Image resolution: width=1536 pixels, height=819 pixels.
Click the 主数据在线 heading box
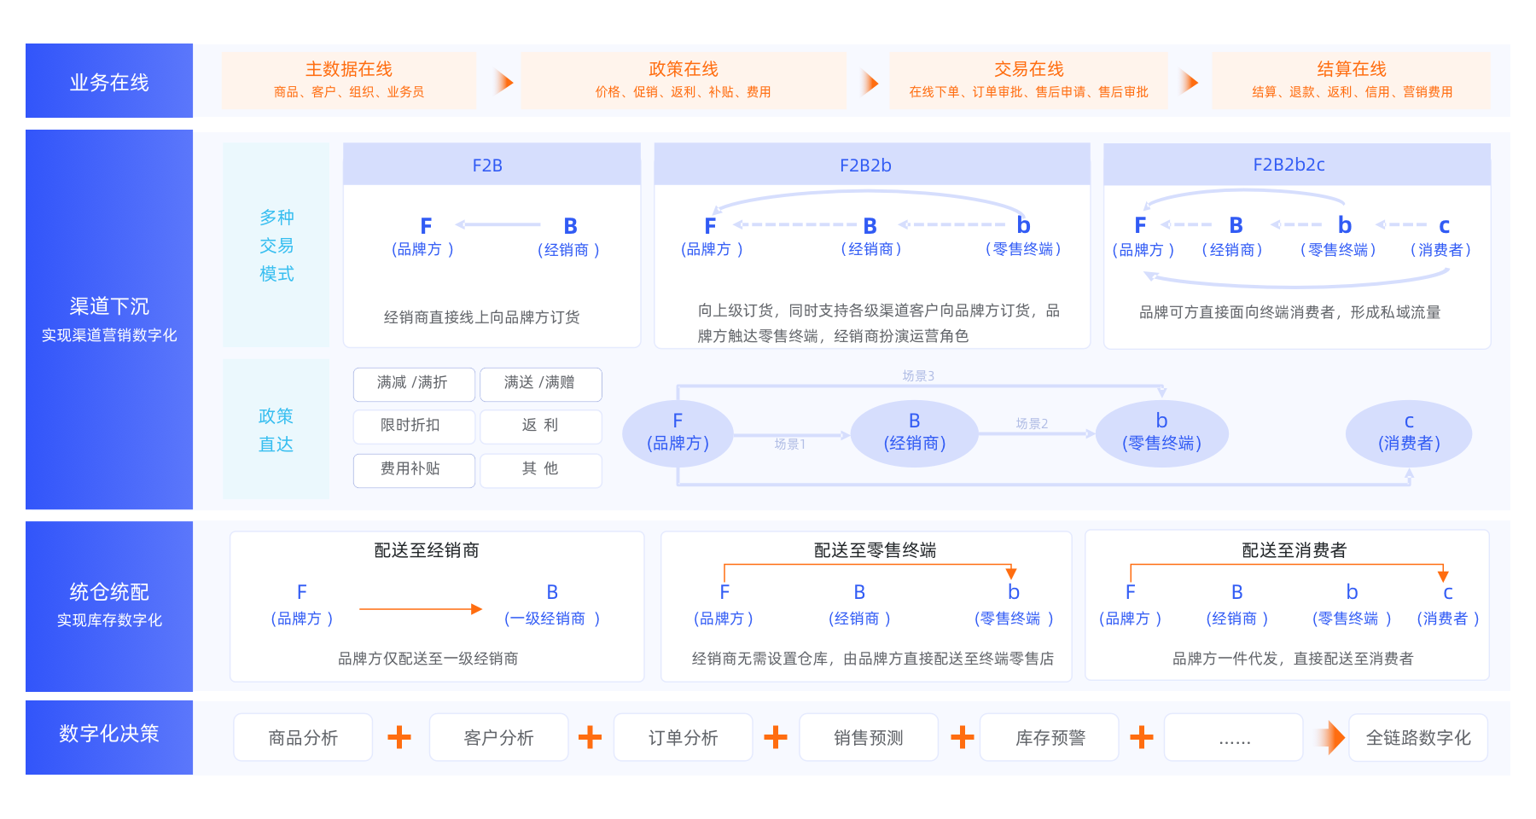pos(348,79)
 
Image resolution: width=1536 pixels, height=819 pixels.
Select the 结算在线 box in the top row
pos(1351,79)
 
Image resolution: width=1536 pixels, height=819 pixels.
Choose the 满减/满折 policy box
pos(413,384)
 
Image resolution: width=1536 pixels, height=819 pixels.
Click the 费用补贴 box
pos(413,470)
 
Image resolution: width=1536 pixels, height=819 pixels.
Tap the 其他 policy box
pos(540,470)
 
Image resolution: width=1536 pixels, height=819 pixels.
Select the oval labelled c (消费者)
pos(1408,433)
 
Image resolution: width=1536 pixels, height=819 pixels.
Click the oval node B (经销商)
pos(914,433)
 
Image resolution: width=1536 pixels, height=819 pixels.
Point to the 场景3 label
pos(918,376)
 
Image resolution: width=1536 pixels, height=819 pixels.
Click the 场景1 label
pos(789,444)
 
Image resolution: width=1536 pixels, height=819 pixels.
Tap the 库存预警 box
pos(1050,738)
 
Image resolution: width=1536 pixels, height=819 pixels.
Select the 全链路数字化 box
pos(1417,738)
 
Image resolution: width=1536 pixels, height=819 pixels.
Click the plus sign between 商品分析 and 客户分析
pos(399,738)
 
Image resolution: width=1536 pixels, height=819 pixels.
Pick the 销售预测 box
pos(868,738)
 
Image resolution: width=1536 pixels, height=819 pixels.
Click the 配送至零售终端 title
pos(875,550)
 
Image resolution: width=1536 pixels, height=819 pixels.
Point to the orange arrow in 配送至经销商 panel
pos(421,609)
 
